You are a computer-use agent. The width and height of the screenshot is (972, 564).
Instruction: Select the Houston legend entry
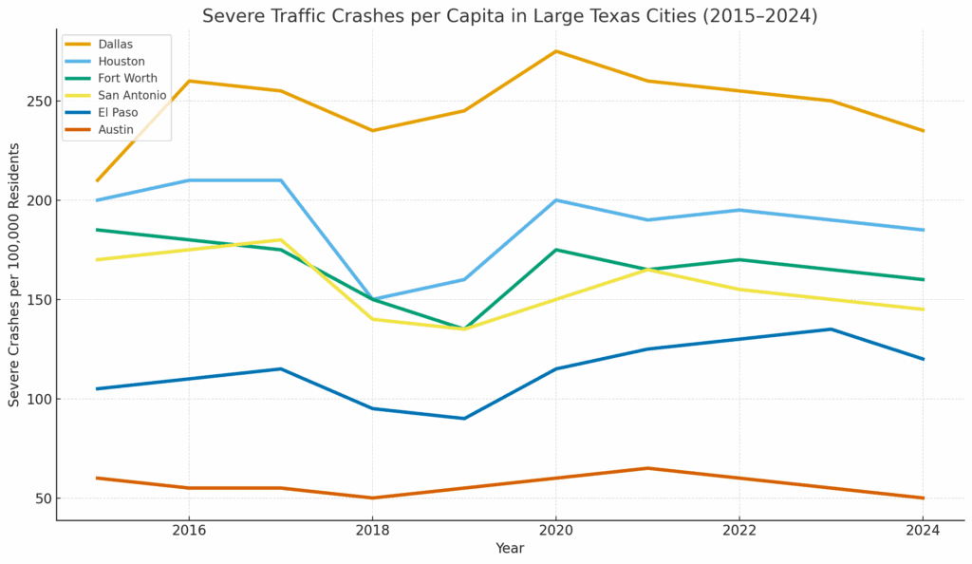click(x=121, y=62)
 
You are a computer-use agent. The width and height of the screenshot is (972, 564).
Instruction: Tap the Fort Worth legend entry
click(x=127, y=79)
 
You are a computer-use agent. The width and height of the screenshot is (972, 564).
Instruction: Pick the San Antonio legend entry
click(x=132, y=96)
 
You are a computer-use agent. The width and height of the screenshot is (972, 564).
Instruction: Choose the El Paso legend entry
click(x=118, y=113)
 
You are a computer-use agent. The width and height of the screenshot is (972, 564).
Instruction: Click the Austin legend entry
click(x=116, y=130)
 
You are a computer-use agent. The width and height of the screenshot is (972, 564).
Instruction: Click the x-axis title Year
click(x=510, y=549)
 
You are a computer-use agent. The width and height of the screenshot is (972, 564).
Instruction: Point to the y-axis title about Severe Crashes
click(x=14, y=274)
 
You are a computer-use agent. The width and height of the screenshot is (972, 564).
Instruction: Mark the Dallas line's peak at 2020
click(x=556, y=51)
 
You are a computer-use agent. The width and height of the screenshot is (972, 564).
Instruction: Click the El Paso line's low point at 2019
click(x=464, y=419)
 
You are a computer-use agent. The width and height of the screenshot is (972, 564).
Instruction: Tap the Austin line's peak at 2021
click(x=647, y=468)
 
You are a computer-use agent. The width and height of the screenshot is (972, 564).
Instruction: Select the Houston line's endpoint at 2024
click(x=923, y=230)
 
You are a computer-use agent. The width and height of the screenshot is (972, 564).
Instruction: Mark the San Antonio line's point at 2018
click(x=372, y=319)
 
